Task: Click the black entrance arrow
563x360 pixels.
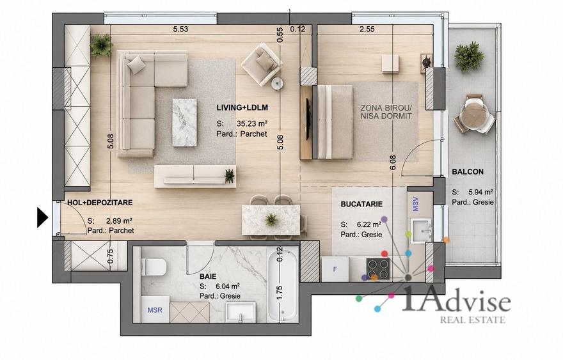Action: (x=42, y=217)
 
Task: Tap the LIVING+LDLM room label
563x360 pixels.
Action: (x=242, y=107)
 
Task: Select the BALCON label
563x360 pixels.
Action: (x=468, y=172)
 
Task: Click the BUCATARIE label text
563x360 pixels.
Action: (x=361, y=204)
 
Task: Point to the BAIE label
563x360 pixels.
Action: (x=208, y=277)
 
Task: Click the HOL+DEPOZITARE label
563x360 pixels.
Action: (x=100, y=203)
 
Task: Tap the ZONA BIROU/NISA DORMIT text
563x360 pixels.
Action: (x=386, y=112)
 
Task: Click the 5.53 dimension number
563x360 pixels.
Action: (x=180, y=29)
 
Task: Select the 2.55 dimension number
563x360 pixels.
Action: (x=367, y=29)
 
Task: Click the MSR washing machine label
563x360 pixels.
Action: (x=155, y=310)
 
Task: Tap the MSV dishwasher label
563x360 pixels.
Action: (x=415, y=204)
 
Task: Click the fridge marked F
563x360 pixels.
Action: (x=335, y=269)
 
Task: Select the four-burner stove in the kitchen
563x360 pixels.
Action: (x=377, y=269)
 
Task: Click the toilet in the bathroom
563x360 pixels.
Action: (x=154, y=267)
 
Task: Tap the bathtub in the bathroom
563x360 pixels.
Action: (x=283, y=285)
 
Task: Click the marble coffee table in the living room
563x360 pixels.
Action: (x=184, y=122)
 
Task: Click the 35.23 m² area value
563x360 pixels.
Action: (x=251, y=123)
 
